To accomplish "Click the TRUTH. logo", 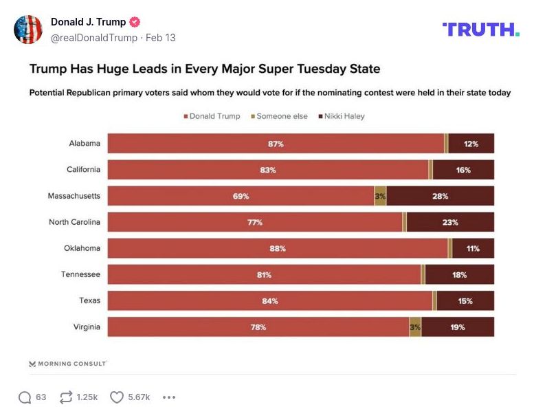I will [481, 29].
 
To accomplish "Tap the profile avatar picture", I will [28, 30].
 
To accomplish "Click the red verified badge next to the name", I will [135, 22].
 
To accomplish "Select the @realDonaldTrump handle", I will [94, 38].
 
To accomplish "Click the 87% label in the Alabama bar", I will [276, 144].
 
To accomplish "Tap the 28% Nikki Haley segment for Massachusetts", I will [440, 196].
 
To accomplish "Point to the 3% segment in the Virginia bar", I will [415, 327].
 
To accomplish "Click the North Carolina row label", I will [74, 222].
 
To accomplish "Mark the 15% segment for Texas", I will [465, 301].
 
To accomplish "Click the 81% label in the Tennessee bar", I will [264, 275].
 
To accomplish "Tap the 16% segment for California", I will [463, 170].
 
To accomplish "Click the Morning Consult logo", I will [68, 364].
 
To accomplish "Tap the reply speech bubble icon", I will [25, 397].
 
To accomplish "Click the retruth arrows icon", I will [67, 397].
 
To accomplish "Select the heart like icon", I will [117, 397].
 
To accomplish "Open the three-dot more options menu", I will [169, 397].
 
